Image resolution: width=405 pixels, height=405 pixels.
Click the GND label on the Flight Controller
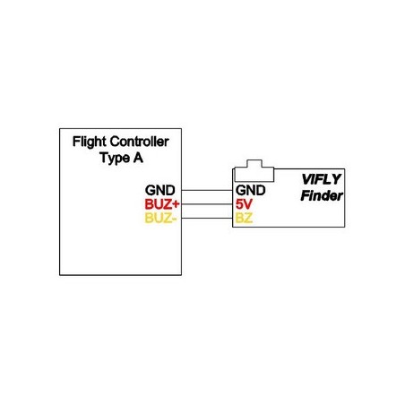click(162, 191)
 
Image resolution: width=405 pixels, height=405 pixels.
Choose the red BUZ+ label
click(162, 204)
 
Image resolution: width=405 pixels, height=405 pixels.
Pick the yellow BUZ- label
click(162, 218)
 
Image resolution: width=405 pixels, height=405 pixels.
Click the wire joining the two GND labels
click(207, 191)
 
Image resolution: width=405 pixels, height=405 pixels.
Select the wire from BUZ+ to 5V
click(207, 204)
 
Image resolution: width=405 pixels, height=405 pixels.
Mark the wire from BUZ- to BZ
click(207, 218)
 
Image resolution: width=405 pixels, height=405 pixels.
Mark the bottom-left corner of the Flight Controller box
click(60, 274)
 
